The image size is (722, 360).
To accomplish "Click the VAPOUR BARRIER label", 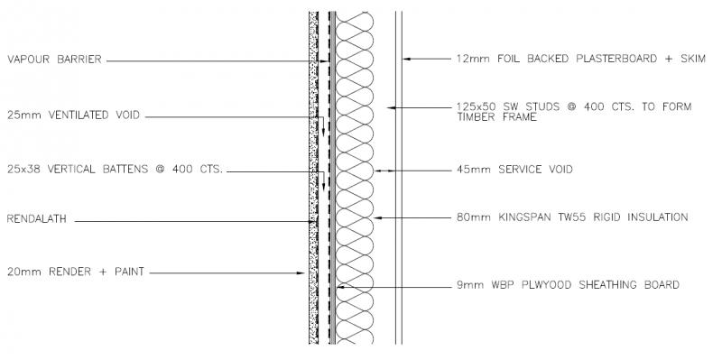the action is tap(54, 60).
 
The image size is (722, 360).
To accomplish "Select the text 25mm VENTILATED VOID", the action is tap(73, 115).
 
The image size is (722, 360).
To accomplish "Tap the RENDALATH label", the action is tap(37, 218).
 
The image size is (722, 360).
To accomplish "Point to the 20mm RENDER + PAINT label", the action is tap(76, 272).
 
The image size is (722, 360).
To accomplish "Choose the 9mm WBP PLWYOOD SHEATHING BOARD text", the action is tap(568, 285).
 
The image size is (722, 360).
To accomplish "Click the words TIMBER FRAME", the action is tap(497, 117).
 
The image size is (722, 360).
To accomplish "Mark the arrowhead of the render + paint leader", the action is tap(301, 273).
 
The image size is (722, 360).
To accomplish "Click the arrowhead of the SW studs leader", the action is tap(391, 107).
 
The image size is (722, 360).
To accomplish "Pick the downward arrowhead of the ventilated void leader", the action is tap(323, 132).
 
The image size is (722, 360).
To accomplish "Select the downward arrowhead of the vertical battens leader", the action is tap(323, 187).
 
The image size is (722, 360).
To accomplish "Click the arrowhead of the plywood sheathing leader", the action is tap(340, 287).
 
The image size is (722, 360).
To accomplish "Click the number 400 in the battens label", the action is tap(182, 169).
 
